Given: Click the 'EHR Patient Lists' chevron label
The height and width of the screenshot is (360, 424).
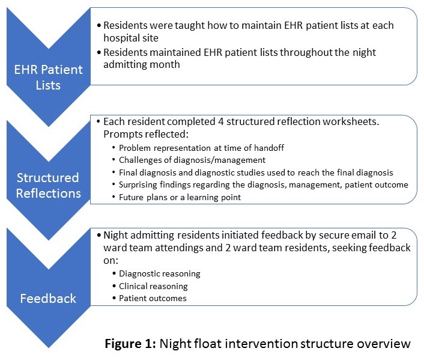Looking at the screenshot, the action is [x=49, y=78].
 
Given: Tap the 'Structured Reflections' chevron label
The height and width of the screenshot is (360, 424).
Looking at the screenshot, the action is [x=48, y=186].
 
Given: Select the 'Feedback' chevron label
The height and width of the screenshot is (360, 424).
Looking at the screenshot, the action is [x=48, y=299].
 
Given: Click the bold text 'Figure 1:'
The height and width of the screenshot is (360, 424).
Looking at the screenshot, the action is [x=130, y=344].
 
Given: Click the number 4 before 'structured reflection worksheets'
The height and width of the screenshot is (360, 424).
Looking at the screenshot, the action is [x=221, y=121].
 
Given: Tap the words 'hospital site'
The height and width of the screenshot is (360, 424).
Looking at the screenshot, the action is [x=131, y=38].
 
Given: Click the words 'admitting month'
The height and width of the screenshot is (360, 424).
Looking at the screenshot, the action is [x=141, y=64].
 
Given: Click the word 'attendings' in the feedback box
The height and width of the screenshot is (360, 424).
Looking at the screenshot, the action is [x=178, y=248].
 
